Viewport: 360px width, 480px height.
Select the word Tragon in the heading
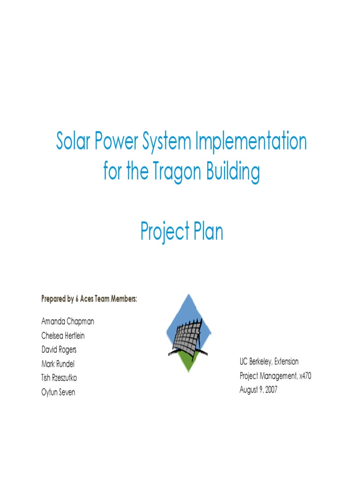coord(173,172)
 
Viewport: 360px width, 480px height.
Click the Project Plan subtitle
coord(181,232)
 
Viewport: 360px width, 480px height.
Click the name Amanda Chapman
coord(67,322)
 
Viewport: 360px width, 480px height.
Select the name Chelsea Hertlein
coord(63,336)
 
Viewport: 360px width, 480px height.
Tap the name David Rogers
coord(59,350)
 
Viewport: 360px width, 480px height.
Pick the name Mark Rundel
coord(58,364)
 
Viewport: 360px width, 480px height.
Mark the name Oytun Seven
coord(58,392)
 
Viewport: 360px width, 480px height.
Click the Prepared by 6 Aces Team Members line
coord(89,299)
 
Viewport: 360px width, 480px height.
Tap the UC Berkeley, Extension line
coord(269,361)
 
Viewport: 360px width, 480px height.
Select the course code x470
coord(304,375)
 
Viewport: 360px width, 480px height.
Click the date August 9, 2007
coord(258,390)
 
